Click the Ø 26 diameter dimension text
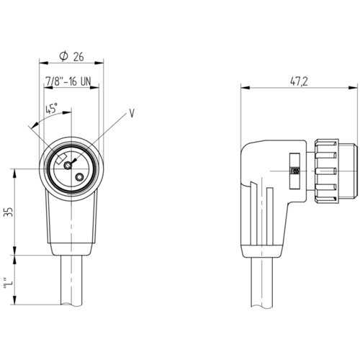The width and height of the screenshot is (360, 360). pos(71,56)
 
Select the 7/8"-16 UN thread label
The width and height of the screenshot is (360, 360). pos(68,81)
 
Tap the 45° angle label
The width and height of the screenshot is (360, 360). pos(51,108)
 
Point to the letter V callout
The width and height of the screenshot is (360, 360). pos(132,113)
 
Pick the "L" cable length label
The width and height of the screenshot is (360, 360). pos(9,284)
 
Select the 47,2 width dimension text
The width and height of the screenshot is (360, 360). pos(299,81)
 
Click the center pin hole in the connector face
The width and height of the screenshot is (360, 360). pos(68,166)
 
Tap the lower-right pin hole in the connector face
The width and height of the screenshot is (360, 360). pos(79,177)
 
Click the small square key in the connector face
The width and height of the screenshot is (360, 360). pos(61,158)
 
